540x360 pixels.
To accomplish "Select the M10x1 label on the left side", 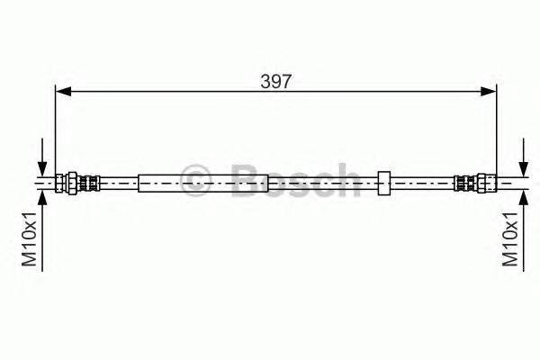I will (x=30, y=240).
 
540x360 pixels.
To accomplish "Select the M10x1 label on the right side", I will (x=509, y=240).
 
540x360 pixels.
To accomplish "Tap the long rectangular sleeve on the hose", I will (x=203, y=183).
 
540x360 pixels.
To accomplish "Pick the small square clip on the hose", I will (x=383, y=183).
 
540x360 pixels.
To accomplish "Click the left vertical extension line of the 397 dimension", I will (x=56, y=126).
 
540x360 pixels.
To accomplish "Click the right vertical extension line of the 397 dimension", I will (x=497, y=126).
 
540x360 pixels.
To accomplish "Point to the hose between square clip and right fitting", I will (x=423, y=183).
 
